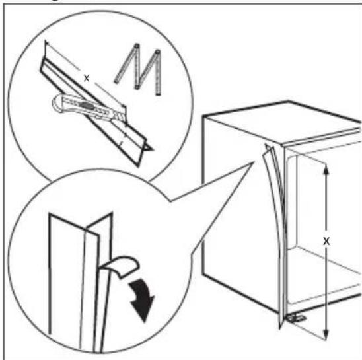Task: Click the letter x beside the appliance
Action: click(325, 241)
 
